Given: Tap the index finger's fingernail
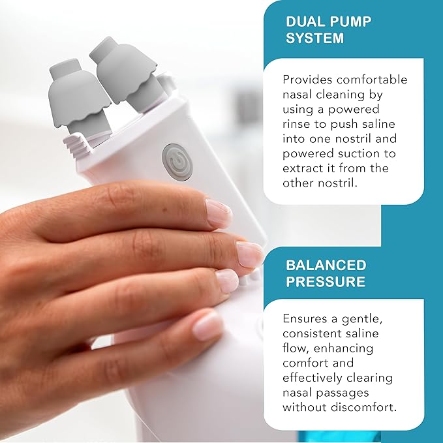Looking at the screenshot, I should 219,213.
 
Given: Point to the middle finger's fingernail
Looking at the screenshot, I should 249,254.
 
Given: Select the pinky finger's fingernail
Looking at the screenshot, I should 209,326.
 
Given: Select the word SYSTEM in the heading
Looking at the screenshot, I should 314,38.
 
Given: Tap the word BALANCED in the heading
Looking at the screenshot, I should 326,266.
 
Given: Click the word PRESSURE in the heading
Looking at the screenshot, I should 326,282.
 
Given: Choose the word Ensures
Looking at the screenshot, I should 306,319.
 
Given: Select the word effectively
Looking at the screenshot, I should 316,378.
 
